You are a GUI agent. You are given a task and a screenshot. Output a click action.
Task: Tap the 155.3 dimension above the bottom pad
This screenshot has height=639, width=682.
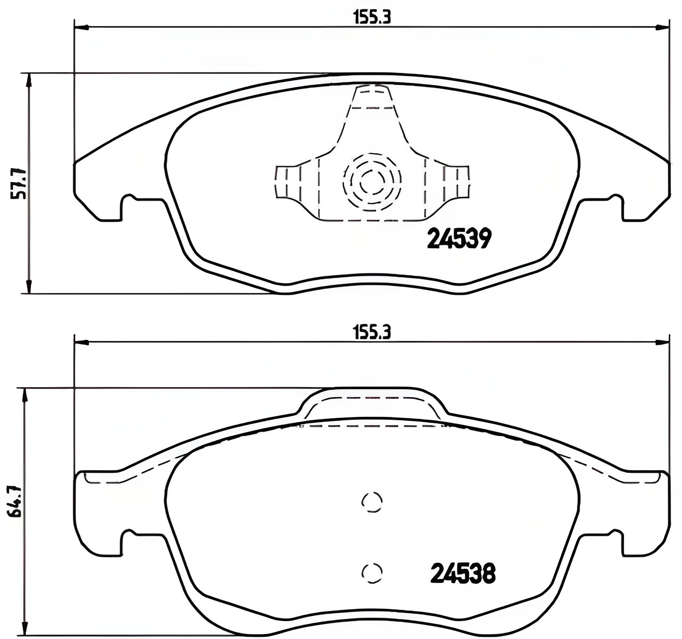[x=372, y=333]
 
